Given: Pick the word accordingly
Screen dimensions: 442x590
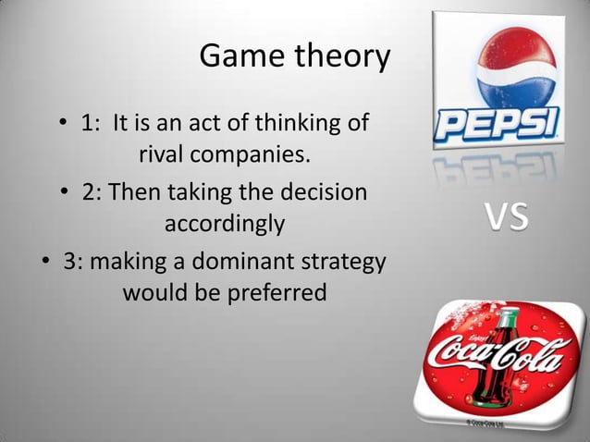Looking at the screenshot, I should click(224, 223).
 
